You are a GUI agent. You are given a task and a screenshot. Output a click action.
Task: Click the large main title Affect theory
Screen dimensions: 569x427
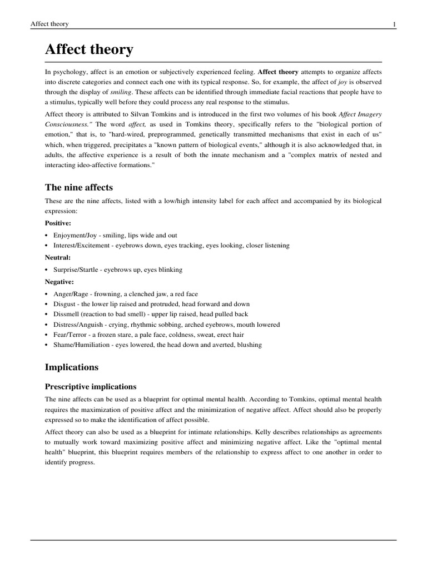[89, 50]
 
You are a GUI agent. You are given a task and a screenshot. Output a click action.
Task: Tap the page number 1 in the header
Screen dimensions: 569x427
[394, 24]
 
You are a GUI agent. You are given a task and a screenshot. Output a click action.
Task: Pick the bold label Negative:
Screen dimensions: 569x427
[60, 282]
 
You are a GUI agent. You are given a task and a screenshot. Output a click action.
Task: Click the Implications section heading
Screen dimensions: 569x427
[72, 367]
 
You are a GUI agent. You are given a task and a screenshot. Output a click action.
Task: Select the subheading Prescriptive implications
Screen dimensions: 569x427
[91, 386]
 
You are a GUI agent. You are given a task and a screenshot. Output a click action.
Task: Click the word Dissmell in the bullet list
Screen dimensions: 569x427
[66, 314]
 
